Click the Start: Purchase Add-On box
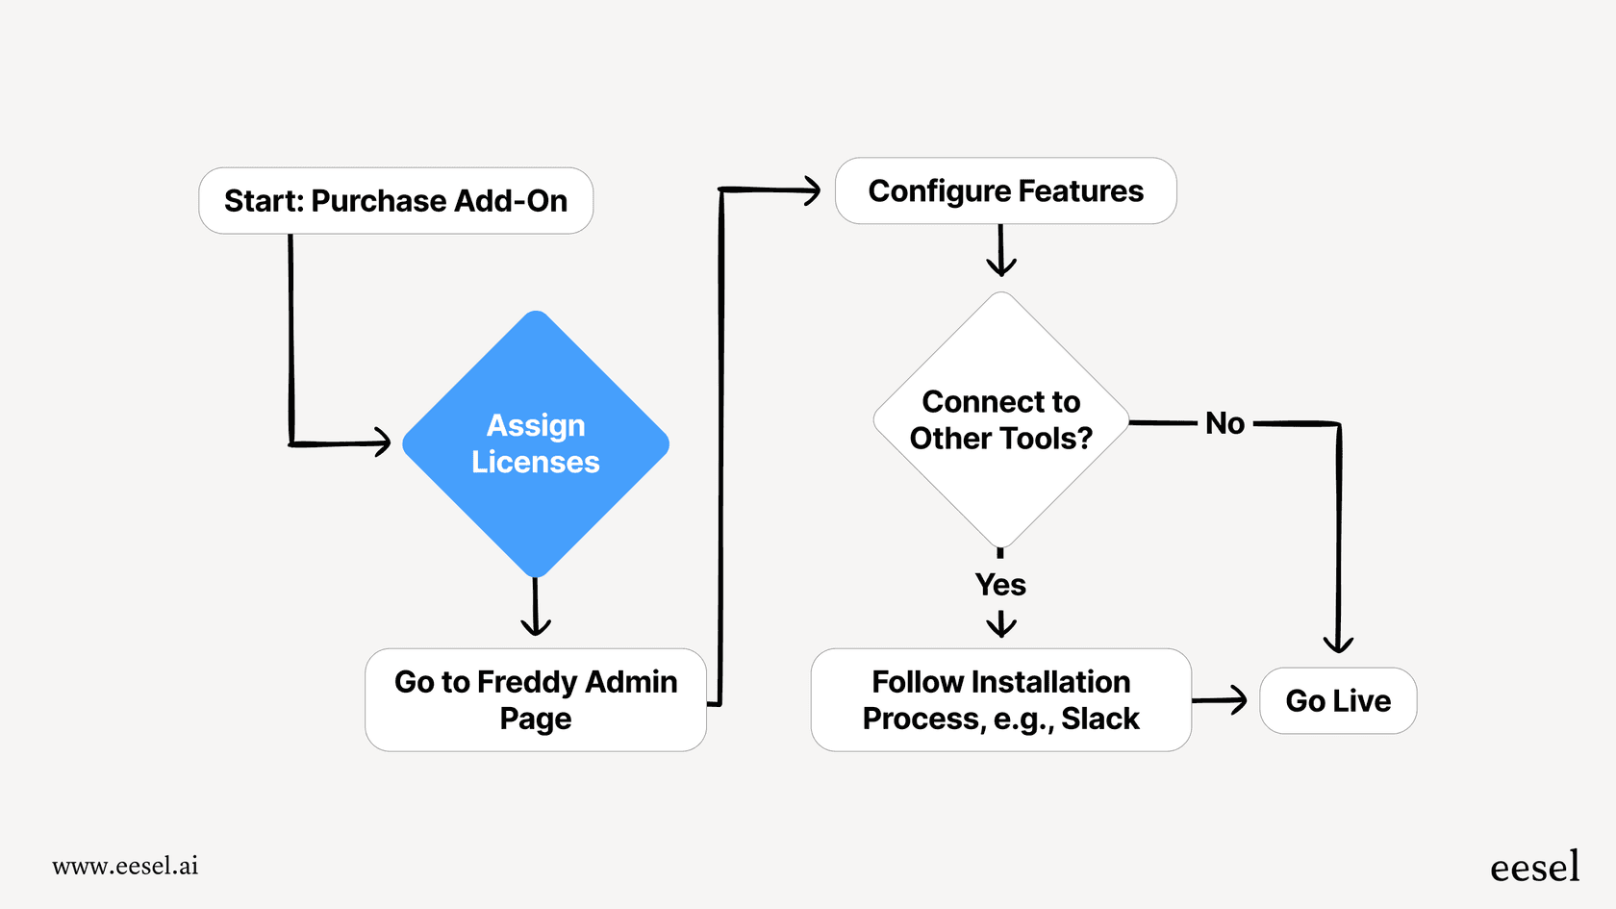click(x=395, y=201)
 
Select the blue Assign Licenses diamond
click(x=536, y=443)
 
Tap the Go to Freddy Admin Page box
click(x=536, y=699)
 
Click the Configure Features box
click(x=1005, y=191)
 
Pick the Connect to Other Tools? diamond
click(x=1000, y=420)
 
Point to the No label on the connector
click(x=1225, y=423)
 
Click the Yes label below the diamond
click(x=1000, y=585)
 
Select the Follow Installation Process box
click(x=1000, y=699)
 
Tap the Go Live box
click(x=1338, y=701)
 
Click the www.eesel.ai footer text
click(x=125, y=866)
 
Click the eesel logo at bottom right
click(x=1534, y=867)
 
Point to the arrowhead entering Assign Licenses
click(x=383, y=442)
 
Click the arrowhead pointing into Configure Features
click(x=812, y=190)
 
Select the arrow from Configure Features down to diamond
click(x=1001, y=252)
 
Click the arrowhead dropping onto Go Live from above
click(x=1338, y=644)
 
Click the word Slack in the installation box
click(x=1100, y=719)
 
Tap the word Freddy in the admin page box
click(x=527, y=682)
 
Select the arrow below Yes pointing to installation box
click(x=1001, y=624)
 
